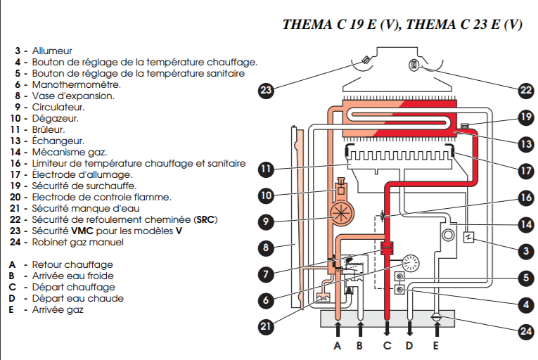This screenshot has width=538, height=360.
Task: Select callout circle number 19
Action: click(x=526, y=117)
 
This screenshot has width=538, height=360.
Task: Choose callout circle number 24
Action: click(x=526, y=330)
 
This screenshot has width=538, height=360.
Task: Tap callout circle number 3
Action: click(x=526, y=250)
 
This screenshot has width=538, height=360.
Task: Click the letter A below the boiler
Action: click(x=338, y=346)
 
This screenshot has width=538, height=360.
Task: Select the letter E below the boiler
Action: click(x=436, y=346)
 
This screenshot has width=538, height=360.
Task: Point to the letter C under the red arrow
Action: click(x=386, y=346)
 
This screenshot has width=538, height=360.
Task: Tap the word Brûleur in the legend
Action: click(x=49, y=129)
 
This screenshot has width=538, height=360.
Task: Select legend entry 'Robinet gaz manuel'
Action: click(x=77, y=242)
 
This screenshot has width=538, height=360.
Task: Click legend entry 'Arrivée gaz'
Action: click(x=56, y=309)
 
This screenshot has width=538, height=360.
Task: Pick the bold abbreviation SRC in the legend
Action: click(x=205, y=219)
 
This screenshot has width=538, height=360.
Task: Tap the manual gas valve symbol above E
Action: click(x=437, y=317)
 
